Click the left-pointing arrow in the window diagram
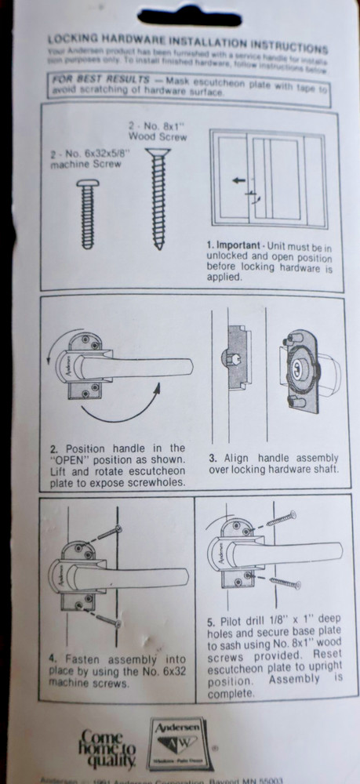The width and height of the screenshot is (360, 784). (x=238, y=180)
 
